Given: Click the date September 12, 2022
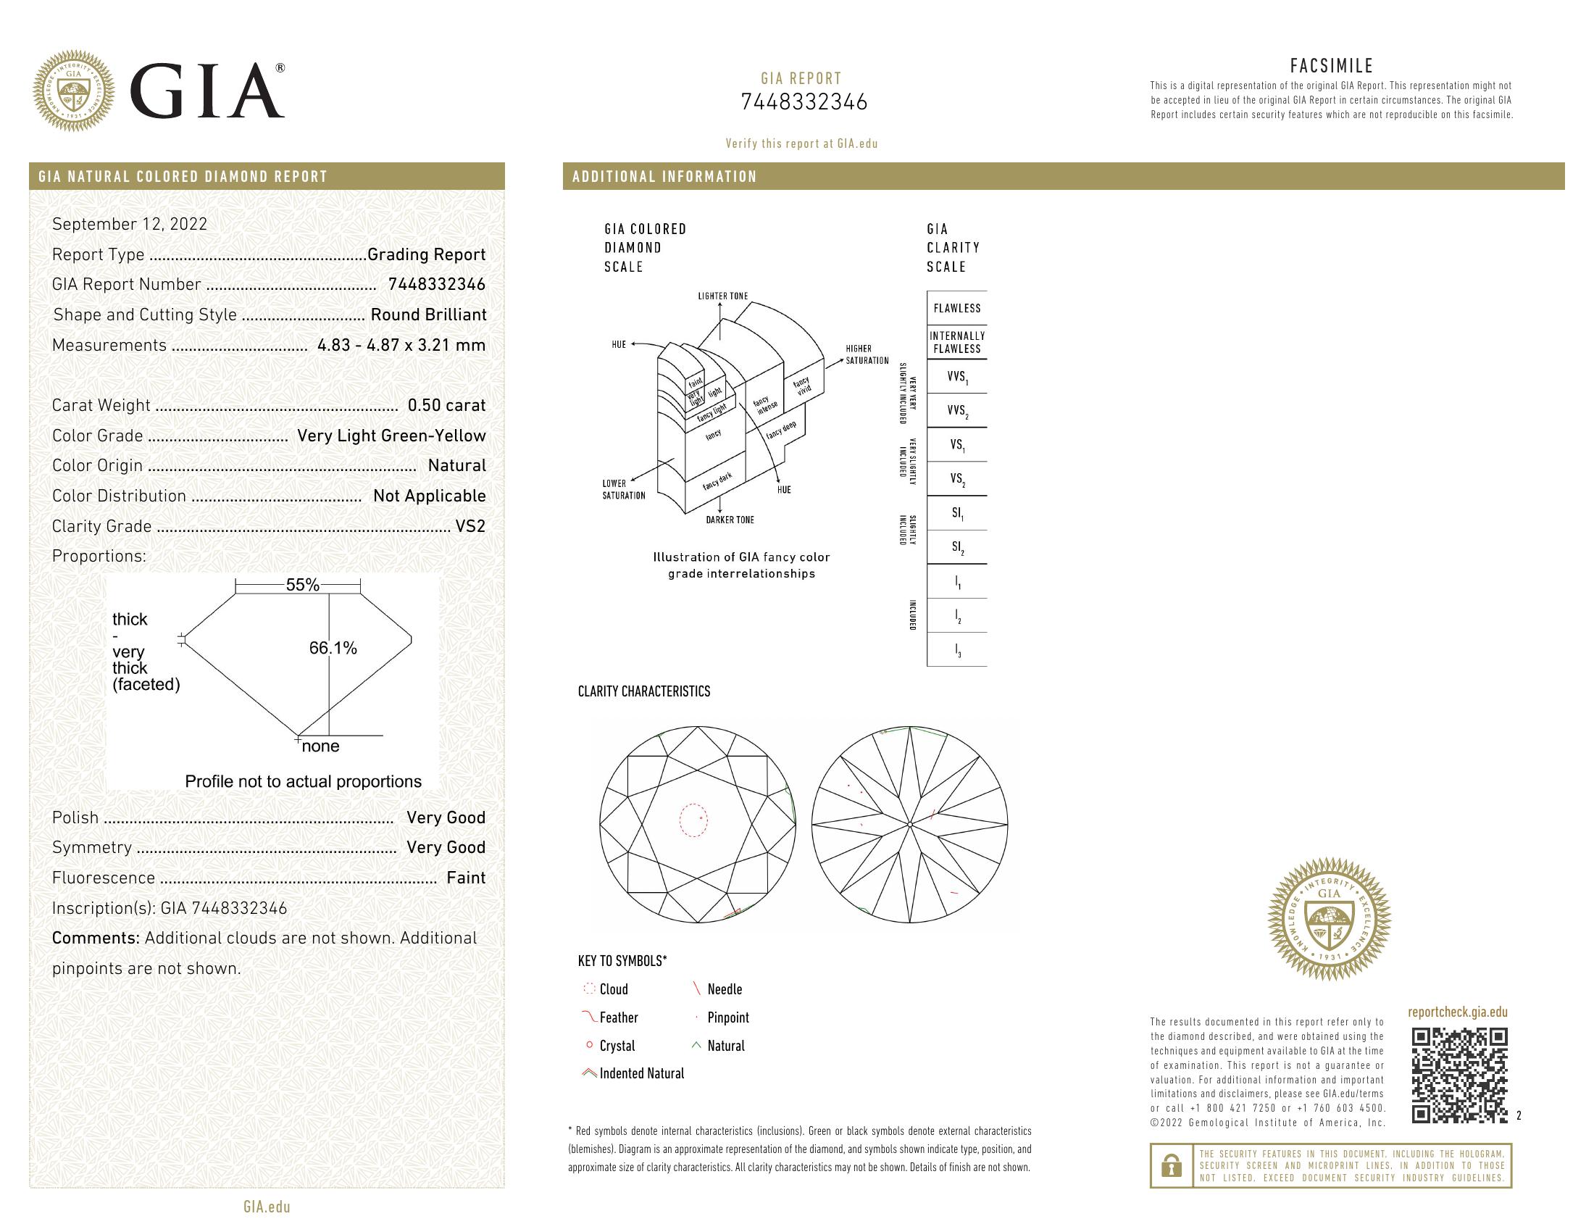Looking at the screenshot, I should pos(129,224).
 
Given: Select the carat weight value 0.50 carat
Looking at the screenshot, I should pos(446,405).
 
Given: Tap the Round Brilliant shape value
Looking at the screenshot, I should pos(427,315).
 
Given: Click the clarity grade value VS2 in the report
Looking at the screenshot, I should pos(470,526).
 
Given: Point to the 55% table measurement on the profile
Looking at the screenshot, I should pos(302,585).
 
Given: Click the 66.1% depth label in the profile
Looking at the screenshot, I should pos(333,648).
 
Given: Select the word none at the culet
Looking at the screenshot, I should pos(320,746).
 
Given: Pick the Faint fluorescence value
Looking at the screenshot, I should pos(466,878).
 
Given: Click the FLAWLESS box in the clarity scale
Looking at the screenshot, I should pos(956,308).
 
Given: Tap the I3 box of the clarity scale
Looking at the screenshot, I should pos(958,650).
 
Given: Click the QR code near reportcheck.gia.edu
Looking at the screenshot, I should pos(1459,1074).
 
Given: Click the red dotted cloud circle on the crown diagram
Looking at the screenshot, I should pos(693,820).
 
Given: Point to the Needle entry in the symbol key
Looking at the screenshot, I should pos(724,989).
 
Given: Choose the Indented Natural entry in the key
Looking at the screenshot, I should pos(640,1073).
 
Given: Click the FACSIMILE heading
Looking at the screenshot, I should pos(1331,66).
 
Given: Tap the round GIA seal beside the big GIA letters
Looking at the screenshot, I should pos(74,91).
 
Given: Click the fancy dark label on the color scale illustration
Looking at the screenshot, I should pos(717,481).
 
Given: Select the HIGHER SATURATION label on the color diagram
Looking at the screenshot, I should pos(867,354).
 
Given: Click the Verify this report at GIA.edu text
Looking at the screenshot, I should pos(801,143).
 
